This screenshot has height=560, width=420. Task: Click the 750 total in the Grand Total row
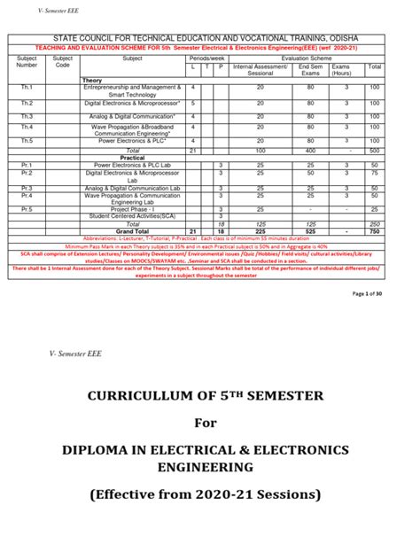coord(375,230)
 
